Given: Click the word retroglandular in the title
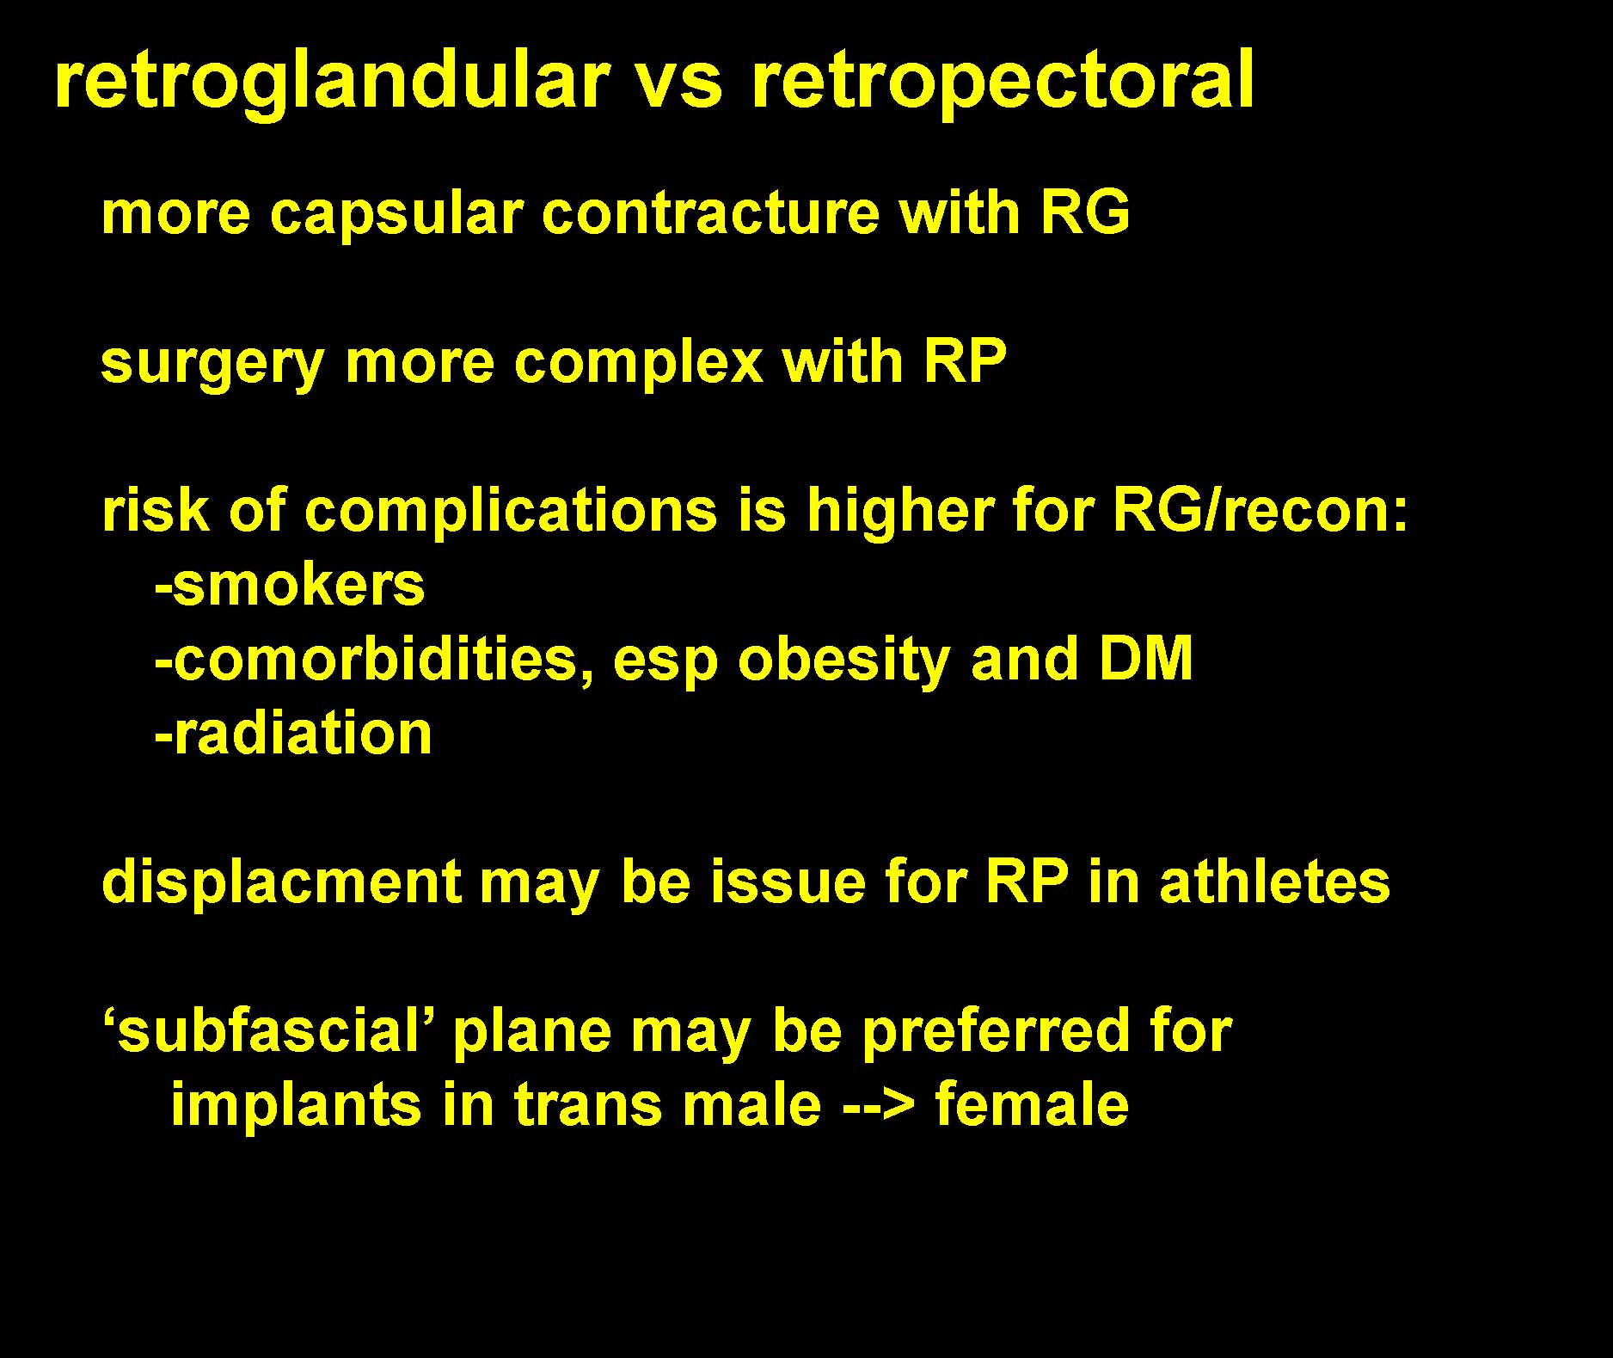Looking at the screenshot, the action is coord(332,82).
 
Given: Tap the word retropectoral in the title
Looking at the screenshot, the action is coord(1003,82).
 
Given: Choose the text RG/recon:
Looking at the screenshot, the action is coord(1260,511).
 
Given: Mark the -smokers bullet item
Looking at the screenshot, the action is coord(290,585).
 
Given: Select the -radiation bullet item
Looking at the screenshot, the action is coord(293,734).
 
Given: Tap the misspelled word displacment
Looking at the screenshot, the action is coord(282,883).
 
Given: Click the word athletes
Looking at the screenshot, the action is coord(1274,882).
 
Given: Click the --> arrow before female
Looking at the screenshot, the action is coord(878,1105).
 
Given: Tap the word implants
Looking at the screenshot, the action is coord(297,1106).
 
